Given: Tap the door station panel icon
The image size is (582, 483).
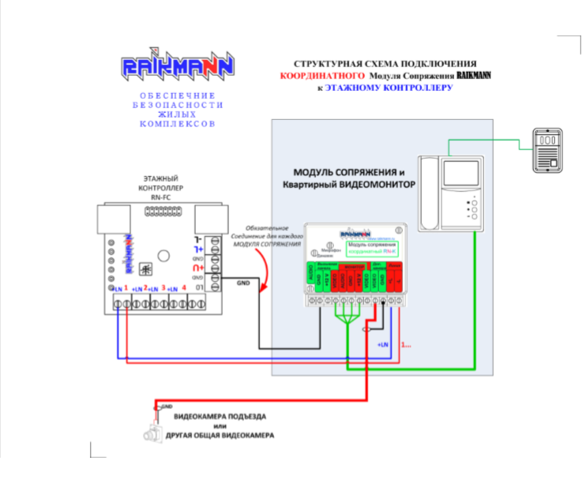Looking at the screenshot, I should pyautogui.click(x=546, y=149).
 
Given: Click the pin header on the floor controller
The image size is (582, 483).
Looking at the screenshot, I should pyautogui.click(x=163, y=211).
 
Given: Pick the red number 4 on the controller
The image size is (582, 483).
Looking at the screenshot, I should pyautogui.click(x=184, y=288).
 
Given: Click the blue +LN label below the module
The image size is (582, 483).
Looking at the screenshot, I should pyautogui.click(x=382, y=345).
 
